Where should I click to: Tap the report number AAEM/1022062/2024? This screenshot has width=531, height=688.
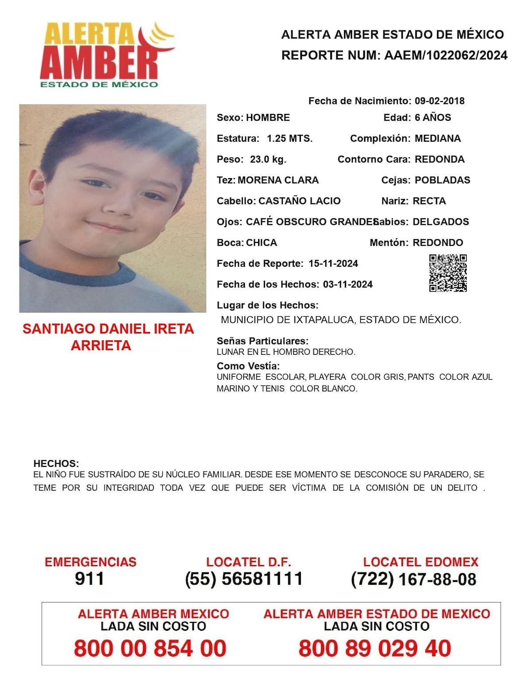tap(446, 55)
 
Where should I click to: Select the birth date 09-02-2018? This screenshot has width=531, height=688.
tap(439, 101)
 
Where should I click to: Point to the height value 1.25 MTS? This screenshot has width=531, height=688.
tap(289, 138)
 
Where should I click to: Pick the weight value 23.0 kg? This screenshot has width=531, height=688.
tap(268, 159)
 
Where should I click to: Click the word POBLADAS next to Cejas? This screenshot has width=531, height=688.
tap(442, 180)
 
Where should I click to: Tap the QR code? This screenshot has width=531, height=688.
tap(448, 273)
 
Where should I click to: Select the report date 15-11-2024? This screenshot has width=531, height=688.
tap(333, 264)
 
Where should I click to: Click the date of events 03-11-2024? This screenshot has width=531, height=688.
tap(348, 284)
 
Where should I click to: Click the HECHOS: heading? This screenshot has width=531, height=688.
tap(56, 463)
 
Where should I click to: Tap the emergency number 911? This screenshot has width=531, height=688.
tap(90, 579)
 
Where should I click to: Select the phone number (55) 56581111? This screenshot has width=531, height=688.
tap(244, 579)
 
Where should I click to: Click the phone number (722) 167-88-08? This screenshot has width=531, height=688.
tap(413, 579)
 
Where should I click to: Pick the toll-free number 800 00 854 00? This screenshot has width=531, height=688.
tap(150, 648)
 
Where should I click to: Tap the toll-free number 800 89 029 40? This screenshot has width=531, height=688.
tap(375, 648)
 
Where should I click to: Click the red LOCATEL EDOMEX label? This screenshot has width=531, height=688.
tap(421, 562)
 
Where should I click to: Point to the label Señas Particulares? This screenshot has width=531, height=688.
tap(262, 341)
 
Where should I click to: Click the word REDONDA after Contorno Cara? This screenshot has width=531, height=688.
tap(439, 159)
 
